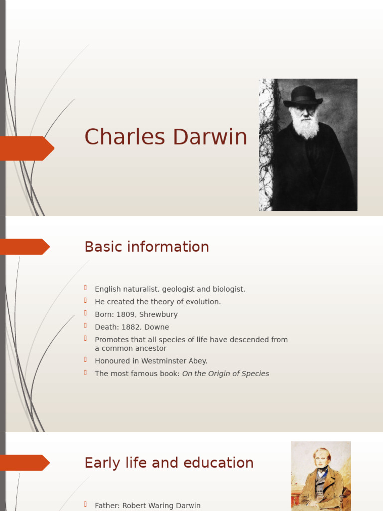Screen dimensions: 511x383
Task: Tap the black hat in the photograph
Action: tap(303, 96)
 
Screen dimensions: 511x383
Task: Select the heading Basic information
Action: tap(147, 247)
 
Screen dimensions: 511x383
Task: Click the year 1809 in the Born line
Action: tap(125, 315)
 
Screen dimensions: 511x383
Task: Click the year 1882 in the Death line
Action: tap(131, 327)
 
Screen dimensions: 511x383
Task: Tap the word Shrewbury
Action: tap(159, 315)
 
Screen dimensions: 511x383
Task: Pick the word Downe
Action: tap(157, 327)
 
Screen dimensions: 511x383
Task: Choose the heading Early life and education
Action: tap(169, 463)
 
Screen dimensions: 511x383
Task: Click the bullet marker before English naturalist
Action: tap(86, 288)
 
